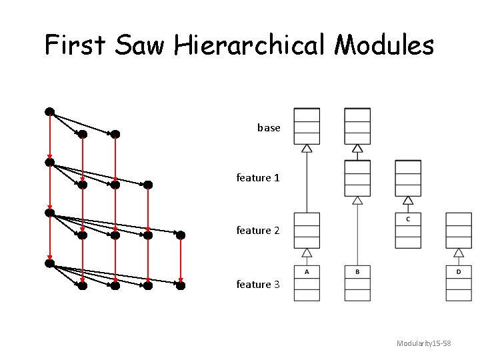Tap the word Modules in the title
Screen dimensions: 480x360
click(384, 45)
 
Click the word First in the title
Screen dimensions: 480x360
click(75, 45)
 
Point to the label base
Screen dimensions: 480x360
click(269, 127)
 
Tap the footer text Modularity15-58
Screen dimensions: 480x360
click(424, 343)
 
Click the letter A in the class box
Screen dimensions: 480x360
click(307, 271)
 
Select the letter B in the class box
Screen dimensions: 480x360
click(357, 271)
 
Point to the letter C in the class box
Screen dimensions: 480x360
click(408, 219)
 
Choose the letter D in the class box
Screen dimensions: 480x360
click(459, 271)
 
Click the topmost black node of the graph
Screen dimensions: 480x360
click(49, 111)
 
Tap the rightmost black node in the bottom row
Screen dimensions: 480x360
click(180, 286)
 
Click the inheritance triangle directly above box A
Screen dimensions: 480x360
click(307, 253)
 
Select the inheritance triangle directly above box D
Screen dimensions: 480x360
click(459, 253)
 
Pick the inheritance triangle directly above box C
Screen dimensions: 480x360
click(408, 200)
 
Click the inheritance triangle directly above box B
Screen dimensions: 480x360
click(357, 200)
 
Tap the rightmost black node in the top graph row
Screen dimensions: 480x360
click(115, 134)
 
